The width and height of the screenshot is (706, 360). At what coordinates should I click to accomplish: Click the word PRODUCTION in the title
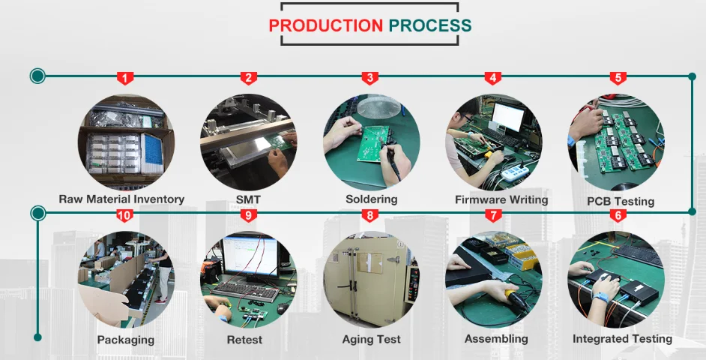point(325,25)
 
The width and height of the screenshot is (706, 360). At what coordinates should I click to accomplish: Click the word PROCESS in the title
point(430,25)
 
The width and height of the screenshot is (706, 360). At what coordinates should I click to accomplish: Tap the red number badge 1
point(126,78)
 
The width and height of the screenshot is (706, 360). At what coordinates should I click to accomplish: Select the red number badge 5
point(618,78)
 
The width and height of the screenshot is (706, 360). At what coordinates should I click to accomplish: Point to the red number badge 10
point(124,216)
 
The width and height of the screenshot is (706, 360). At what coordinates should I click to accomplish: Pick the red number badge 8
point(370,216)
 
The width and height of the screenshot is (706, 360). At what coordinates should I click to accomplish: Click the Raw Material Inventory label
point(121,199)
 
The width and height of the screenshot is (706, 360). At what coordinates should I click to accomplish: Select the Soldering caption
point(371,199)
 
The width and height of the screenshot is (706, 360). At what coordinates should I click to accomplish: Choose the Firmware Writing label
point(501,200)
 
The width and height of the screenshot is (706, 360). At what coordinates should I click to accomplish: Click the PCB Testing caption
point(621,201)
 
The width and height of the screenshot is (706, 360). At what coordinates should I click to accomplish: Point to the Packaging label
point(125,340)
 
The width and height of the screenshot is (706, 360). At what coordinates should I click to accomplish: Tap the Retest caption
point(244,340)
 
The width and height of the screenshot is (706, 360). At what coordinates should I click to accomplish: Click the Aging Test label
point(371,340)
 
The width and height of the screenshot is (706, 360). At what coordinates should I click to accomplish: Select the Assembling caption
point(496,339)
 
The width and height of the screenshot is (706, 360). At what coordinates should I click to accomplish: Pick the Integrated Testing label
point(622,339)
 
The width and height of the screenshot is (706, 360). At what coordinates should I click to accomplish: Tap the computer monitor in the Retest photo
point(250,255)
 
